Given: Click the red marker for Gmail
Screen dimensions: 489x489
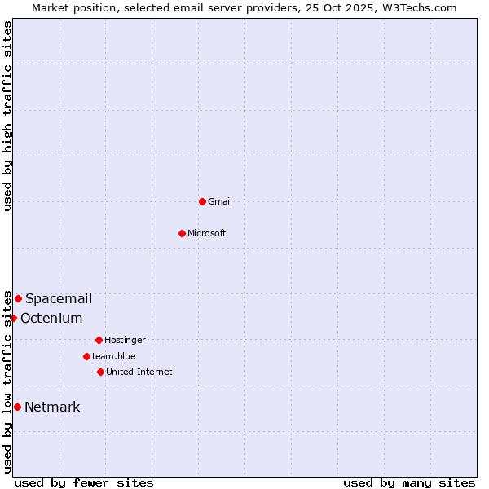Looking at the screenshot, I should pyautogui.click(x=202, y=201).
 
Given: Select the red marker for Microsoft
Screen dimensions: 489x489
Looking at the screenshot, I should pyautogui.click(x=182, y=233).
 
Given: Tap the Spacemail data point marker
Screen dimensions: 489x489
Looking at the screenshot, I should pyautogui.click(x=18, y=298).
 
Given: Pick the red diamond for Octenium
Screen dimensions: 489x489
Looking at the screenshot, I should pyautogui.click(x=13, y=318).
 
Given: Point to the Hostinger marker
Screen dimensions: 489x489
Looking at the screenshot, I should pyautogui.click(x=99, y=340).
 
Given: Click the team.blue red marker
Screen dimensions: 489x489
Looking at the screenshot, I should pyautogui.click(x=86, y=356).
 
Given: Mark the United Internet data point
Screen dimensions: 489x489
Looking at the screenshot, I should pyautogui.click(x=100, y=372).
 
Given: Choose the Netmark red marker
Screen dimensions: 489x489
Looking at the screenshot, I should pyautogui.click(x=17, y=407).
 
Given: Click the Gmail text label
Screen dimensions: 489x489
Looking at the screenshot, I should pyautogui.click(x=220, y=201).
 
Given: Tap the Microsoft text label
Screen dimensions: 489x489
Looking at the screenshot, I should pyautogui.click(x=207, y=233).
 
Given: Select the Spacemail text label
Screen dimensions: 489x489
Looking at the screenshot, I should pyautogui.click(x=59, y=298).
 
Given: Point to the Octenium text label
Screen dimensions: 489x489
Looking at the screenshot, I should pyautogui.click(x=51, y=318).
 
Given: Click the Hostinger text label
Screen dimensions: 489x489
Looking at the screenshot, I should pyautogui.click(x=125, y=340).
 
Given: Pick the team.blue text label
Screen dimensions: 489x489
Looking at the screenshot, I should pyautogui.click(x=114, y=356).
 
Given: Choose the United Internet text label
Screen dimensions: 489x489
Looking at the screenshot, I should pyautogui.click(x=139, y=372).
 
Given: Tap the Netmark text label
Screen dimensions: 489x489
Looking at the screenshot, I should pyautogui.click(x=52, y=407).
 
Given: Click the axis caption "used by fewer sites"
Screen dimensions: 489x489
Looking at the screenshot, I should pyautogui.click(x=84, y=482).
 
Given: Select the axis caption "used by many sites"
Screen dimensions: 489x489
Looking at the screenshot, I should pyautogui.click(x=409, y=482).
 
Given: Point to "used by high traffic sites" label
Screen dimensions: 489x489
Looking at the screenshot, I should pyautogui.click(x=7, y=116).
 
